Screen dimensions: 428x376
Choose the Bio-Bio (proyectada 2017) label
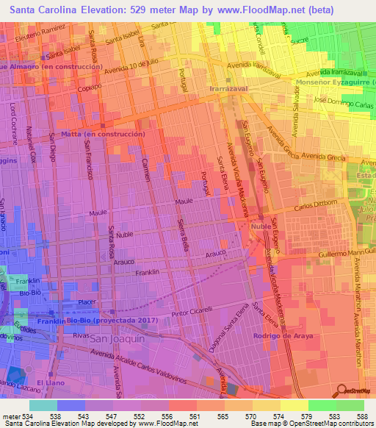point(101,321)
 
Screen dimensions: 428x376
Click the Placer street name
point(88,302)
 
